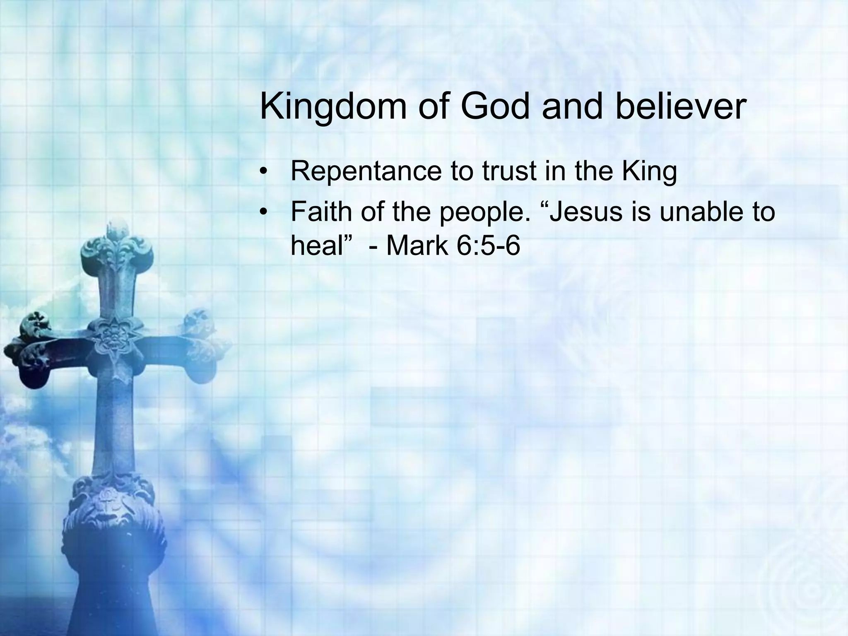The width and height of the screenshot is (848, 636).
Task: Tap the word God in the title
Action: [x=494, y=106]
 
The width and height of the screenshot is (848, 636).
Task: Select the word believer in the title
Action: [x=681, y=106]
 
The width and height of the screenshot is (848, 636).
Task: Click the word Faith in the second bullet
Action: [x=321, y=211]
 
